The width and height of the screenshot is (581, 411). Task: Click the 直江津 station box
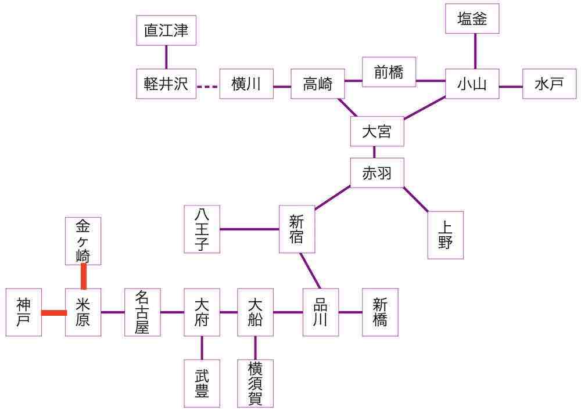point(166,30)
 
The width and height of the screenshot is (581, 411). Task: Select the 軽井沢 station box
point(166,84)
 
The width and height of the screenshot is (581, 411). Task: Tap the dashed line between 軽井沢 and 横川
point(207,87)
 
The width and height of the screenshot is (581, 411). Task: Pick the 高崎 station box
point(318,84)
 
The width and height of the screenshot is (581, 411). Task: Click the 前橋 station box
point(389,72)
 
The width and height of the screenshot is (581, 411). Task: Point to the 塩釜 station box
point(472,19)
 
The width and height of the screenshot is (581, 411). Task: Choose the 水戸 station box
point(549,84)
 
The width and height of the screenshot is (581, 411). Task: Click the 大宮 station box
point(376,131)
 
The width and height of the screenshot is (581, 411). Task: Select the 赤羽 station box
point(376,173)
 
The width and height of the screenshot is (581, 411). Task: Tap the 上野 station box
point(445,235)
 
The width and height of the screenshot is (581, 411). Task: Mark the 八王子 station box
point(202,229)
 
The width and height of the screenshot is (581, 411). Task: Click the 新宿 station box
point(296,229)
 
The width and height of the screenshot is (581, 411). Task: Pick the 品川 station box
point(320,312)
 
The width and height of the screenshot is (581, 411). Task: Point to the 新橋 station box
point(380,312)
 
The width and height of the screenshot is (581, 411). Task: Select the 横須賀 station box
point(255,383)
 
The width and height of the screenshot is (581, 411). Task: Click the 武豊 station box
point(202,383)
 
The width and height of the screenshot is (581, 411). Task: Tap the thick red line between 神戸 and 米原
point(53,313)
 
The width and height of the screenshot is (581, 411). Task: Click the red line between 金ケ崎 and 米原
point(84,276)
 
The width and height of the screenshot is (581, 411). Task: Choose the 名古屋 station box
point(142,312)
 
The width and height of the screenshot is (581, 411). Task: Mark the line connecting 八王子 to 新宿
point(250,229)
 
